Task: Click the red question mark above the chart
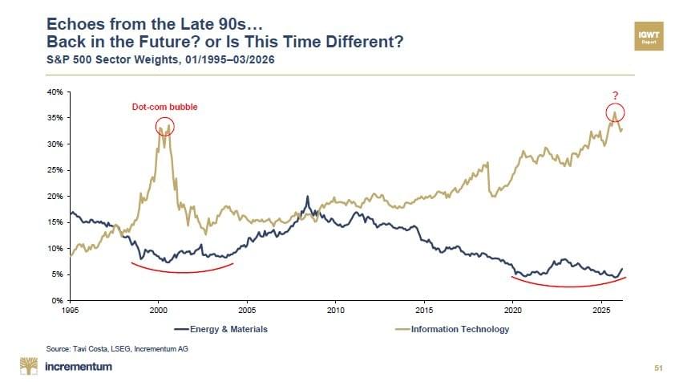pyautogui.click(x=614, y=97)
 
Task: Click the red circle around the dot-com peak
pyautogui.click(x=164, y=126)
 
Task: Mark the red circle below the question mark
pyautogui.click(x=615, y=112)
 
